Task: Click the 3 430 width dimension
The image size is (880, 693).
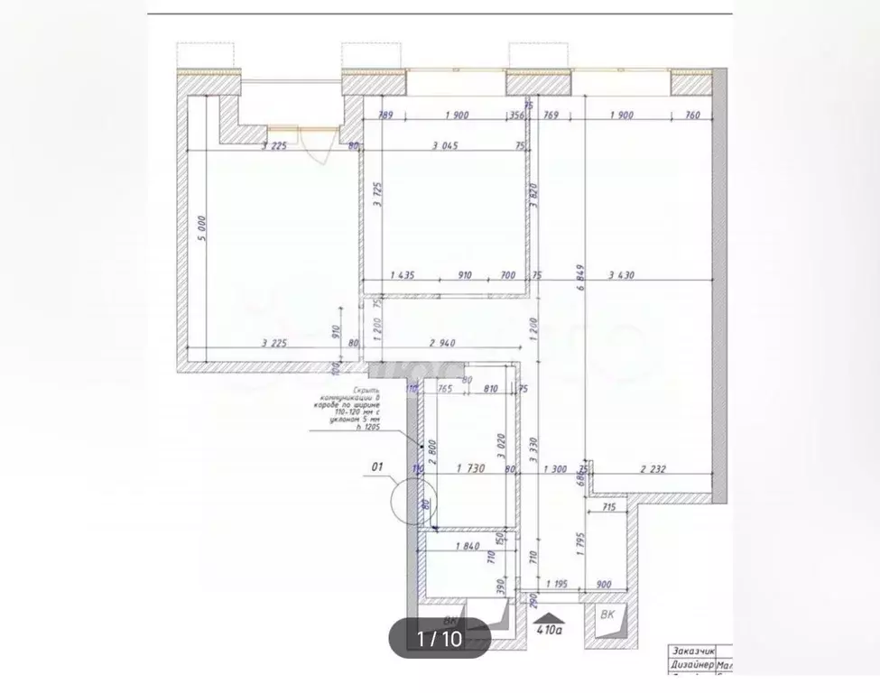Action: [x=626, y=275]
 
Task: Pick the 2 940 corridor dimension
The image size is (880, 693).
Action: [x=448, y=343]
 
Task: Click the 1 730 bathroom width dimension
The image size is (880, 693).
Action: [x=473, y=468]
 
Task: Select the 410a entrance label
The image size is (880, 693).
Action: [x=549, y=631]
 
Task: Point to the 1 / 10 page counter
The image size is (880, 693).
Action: [x=440, y=638]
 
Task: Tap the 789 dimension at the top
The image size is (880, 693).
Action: [x=385, y=115]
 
